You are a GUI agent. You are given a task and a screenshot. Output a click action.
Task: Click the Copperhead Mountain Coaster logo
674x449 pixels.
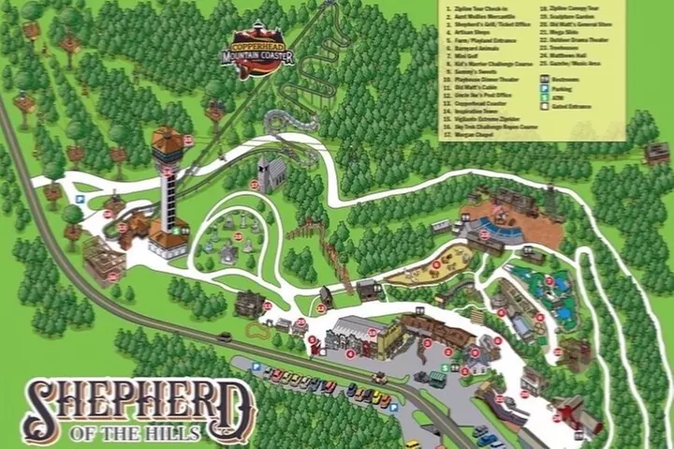pos(263,54)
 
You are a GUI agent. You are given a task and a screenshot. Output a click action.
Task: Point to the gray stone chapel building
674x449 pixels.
pos(271,174)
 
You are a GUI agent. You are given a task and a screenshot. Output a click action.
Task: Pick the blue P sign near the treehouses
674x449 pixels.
pos(81,199)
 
